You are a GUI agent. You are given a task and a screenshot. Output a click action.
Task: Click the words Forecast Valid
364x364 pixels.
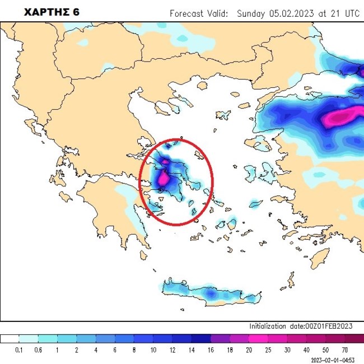(x=198, y=13)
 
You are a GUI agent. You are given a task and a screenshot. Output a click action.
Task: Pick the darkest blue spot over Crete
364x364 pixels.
(x=209, y=293)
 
